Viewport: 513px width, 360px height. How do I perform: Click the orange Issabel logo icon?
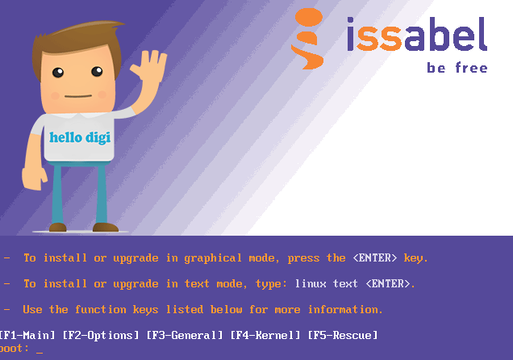(307, 39)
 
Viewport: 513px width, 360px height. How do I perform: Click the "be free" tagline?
(457, 68)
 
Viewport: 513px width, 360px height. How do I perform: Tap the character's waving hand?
(150, 66)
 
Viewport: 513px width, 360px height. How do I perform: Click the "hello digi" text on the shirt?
(80, 137)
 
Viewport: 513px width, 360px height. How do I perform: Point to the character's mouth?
(78, 96)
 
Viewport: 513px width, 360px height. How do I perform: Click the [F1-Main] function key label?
(27, 335)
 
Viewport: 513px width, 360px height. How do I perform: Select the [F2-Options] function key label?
(101, 335)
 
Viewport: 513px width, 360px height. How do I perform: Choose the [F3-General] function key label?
(185, 335)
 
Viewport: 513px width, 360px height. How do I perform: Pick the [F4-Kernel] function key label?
(265, 335)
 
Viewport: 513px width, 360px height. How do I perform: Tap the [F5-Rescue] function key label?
(343, 335)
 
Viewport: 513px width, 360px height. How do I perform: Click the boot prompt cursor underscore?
(40, 353)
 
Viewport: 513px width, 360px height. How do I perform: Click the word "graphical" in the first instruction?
(213, 258)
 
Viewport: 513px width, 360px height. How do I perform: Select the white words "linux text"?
(326, 283)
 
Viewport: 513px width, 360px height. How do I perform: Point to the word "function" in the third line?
(101, 309)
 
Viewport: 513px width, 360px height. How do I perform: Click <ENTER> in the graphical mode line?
(375, 257)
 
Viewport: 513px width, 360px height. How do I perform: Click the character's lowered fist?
(34, 178)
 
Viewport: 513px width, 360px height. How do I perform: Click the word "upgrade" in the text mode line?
(136, 284)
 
